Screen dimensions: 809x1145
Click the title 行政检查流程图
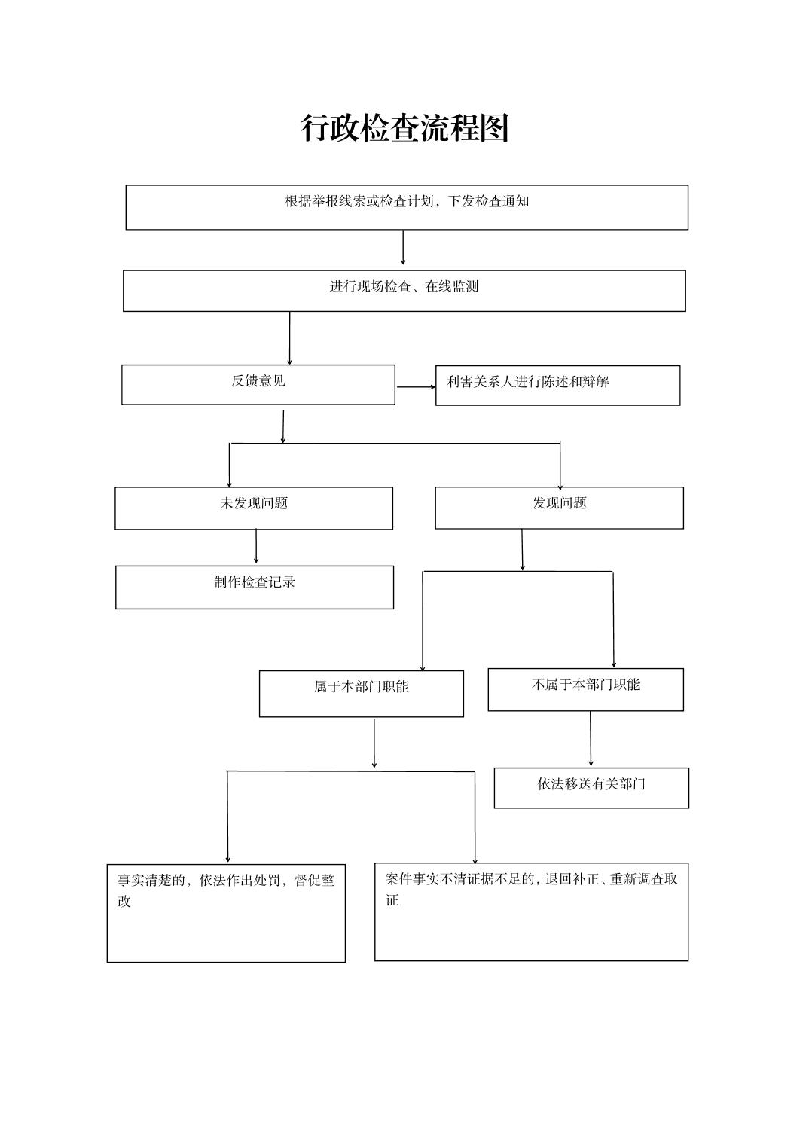click(404, 128)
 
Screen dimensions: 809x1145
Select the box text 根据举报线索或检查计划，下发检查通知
click(407, 201)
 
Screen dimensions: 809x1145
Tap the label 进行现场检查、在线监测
click(404, 287)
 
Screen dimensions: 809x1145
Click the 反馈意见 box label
click(258, 381)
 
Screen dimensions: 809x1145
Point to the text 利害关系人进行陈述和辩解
click(528, 382)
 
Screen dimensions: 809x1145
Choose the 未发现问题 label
click(254, 503)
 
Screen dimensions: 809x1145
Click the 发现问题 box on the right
click(559, 508)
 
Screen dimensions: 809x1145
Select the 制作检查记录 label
click(255, 582)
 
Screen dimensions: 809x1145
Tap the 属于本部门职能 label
click(362, 687)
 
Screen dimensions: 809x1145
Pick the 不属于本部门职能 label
click(586, 685)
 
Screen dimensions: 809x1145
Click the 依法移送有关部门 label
click(591, 784)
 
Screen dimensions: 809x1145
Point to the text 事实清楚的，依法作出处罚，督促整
click(226, 880)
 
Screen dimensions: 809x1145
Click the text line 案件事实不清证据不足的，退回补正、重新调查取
click(532, 879)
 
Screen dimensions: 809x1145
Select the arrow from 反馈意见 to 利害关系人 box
click(416, 387)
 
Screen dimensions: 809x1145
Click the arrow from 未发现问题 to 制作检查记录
click(256, 546)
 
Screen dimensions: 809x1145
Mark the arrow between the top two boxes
click(403, 247)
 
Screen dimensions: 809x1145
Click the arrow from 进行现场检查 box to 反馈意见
click(290, 338)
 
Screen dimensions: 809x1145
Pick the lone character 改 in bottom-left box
click(124, 901)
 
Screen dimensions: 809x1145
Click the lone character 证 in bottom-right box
click(392, 900)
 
